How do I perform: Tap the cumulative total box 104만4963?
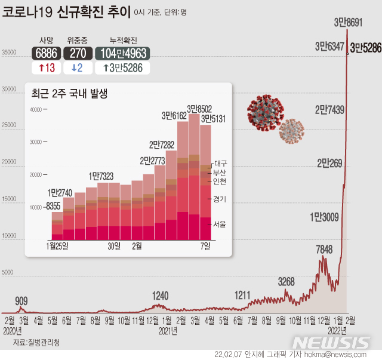point(122,53)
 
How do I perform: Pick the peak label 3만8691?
point(348,22)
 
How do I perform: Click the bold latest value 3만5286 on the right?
point(365,47)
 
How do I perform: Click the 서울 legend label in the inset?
point(219,224)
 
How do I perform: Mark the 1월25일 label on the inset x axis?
point(57,245)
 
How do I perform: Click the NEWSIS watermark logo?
point(332,343)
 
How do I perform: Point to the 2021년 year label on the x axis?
point(168,330)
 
